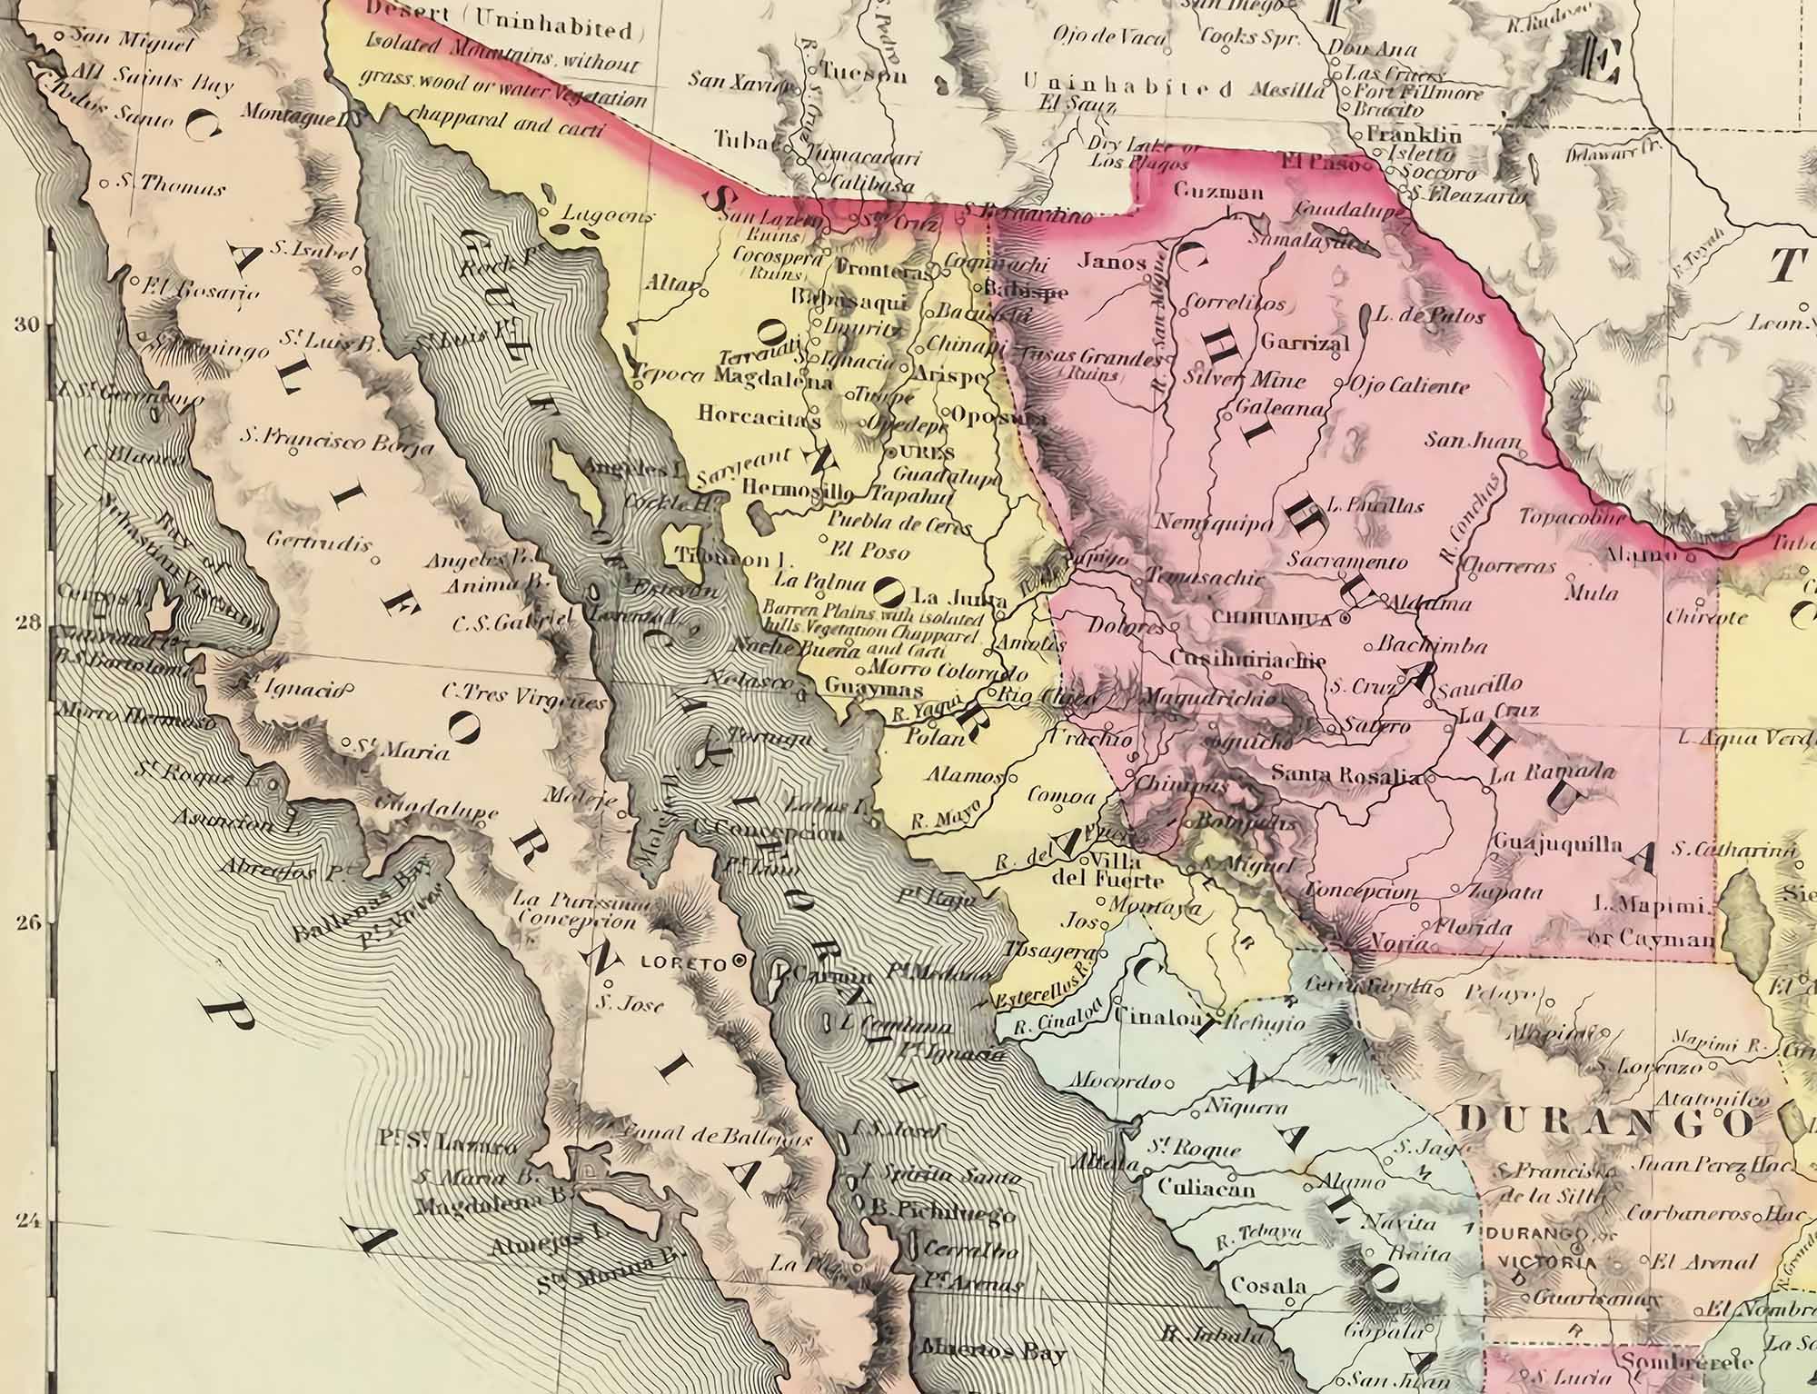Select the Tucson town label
click(x=864, y=75)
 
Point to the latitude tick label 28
click(x=29, y=623)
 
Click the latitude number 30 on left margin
click(x=29, y=325)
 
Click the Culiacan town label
click(x=1206, y=1188)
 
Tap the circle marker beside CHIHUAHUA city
click(x=1344, y=618)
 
